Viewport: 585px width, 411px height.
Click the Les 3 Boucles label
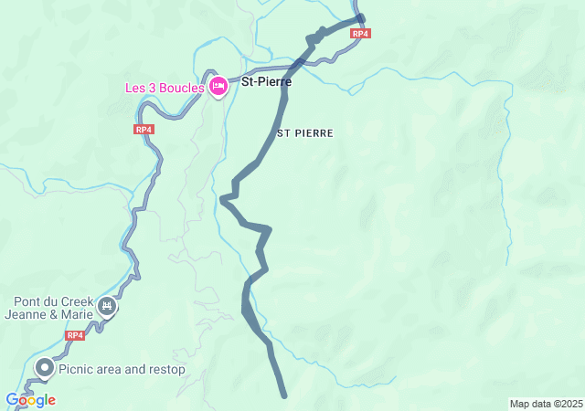(165, 89)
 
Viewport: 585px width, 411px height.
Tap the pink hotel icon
(218, 87)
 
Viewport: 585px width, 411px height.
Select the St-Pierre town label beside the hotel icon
(266, 82)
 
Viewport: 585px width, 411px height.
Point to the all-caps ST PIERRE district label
(305, 133)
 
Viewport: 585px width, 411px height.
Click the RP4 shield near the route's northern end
(360, 34)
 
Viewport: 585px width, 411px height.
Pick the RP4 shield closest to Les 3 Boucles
(143, 130)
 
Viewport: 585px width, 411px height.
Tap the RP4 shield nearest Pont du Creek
(75, 335)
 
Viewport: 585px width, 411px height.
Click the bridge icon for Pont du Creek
(108, 306)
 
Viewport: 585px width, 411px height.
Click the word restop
(166, 370)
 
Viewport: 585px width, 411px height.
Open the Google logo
(30, 400)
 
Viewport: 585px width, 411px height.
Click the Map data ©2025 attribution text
(546, 404)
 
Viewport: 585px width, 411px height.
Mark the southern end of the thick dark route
(284, 395)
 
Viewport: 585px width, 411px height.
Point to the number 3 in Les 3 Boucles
(154, 89)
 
